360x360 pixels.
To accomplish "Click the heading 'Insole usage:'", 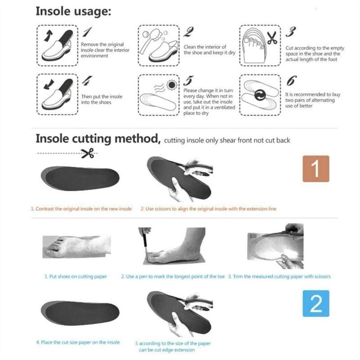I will click(73, 12).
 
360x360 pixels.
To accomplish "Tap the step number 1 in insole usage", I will click(87, 33).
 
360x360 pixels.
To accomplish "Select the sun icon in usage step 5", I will click(171, 84).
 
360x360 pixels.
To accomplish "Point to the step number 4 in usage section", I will click(87, 81).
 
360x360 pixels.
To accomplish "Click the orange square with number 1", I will click(315, 169).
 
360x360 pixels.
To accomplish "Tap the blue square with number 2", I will click(315, 303).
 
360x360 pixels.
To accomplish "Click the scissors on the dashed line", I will click(87, 154).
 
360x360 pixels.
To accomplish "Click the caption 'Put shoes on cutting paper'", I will click(76, 276).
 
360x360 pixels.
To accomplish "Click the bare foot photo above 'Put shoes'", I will click(76, 246).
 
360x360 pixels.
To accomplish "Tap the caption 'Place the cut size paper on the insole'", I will click(78, 342).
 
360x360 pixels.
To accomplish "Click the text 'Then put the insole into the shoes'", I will click(101, 99).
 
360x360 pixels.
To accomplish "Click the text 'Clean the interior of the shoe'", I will click(205, 49).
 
